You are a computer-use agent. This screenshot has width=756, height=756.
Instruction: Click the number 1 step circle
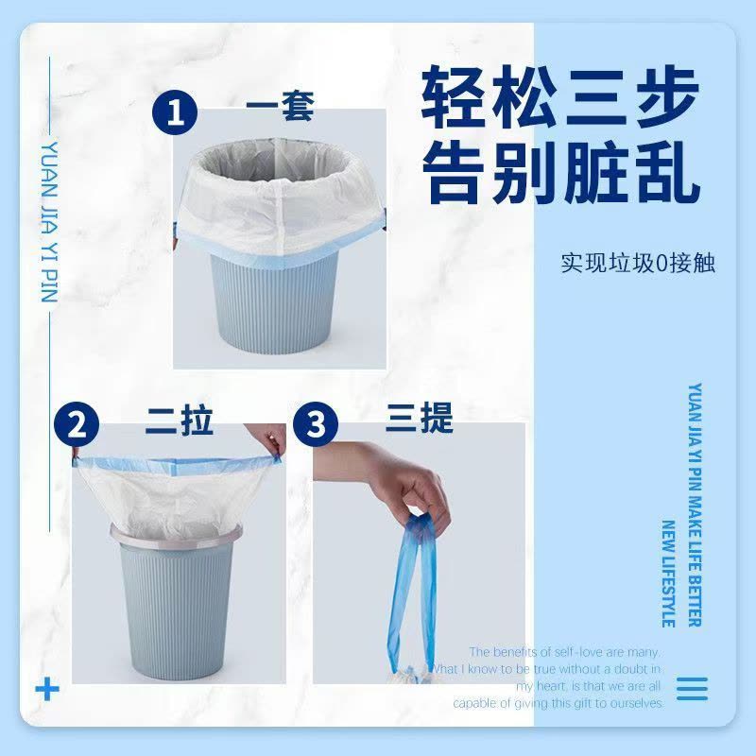click(174, 117)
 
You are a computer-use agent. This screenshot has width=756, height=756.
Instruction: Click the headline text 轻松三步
click(560, 97)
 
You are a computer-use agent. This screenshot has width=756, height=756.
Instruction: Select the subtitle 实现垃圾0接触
click(637, 262)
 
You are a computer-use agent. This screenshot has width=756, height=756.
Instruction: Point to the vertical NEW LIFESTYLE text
click(668, 573)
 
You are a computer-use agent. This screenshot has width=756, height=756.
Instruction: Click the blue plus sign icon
click(46, 687)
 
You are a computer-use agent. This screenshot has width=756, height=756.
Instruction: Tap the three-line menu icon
click(692, 687)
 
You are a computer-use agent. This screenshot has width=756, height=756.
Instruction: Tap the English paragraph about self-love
click(558, 678)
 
